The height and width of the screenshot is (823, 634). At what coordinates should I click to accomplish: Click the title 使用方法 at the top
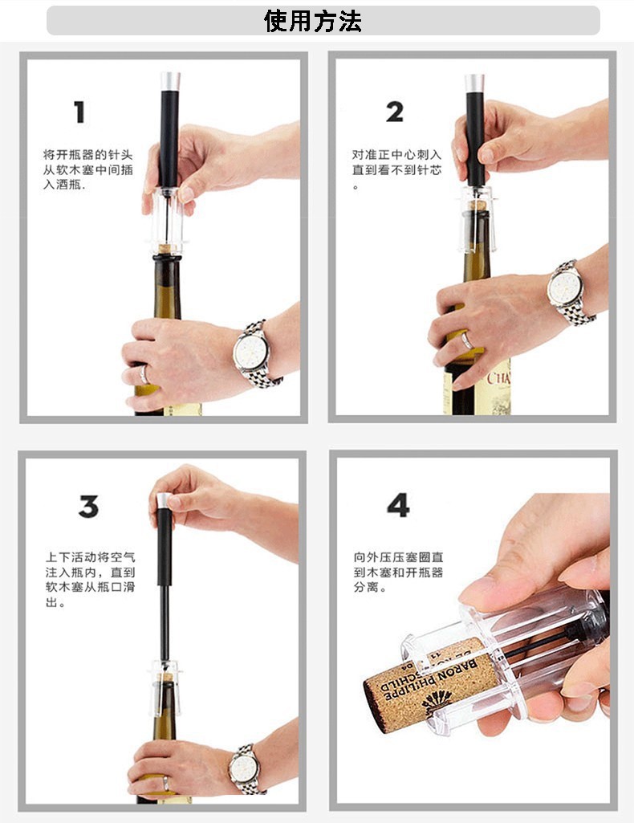coord(313,22)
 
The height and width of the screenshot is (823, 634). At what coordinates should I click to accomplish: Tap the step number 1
coord(79,112)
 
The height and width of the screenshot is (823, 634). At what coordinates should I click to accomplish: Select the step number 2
coord(394,112)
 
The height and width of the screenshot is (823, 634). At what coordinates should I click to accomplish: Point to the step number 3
coord(88,506)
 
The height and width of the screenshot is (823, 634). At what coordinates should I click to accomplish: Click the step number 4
coord(398,505)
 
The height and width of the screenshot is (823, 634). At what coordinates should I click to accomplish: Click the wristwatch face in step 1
coord(250,352)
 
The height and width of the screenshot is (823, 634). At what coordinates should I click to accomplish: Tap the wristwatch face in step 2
coord(565,289)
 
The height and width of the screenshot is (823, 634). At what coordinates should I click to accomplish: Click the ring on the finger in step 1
coord(143,374)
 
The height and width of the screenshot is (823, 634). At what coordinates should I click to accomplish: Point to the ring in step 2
coord(467,341)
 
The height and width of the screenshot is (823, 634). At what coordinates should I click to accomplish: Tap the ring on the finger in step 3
coord(165,784)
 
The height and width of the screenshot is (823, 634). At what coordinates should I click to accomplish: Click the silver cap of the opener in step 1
coord(170,81)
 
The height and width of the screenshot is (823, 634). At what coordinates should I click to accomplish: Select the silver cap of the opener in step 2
coord(474,84)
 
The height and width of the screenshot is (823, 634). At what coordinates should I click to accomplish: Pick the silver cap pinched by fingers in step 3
coord(165,500)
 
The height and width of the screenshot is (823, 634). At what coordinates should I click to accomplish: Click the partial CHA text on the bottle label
coord(498,378)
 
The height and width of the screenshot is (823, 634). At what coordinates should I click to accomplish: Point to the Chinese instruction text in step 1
coord(88,169)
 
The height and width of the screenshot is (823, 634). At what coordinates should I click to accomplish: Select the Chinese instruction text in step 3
coord(90,580)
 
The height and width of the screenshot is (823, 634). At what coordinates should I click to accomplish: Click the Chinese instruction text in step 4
coord(398,572)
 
